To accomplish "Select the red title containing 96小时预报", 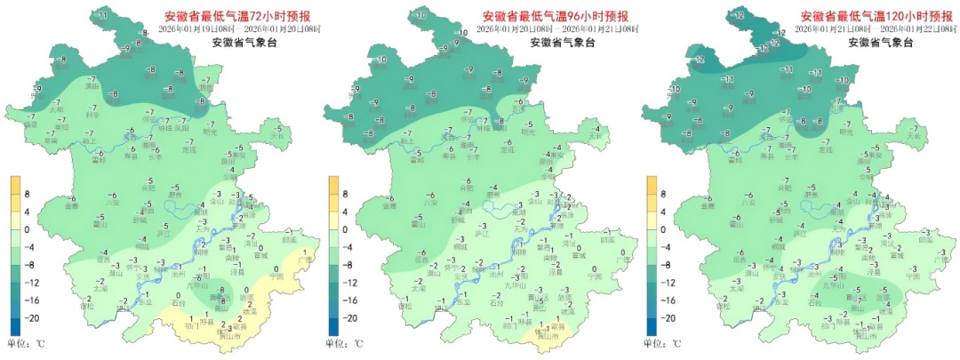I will pyautogui.click(x=555, y=16).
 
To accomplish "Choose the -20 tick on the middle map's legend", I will pyautogui.click(x=351, y=317).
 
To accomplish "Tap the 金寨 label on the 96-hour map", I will pyautogui.click(x=389, y=206).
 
